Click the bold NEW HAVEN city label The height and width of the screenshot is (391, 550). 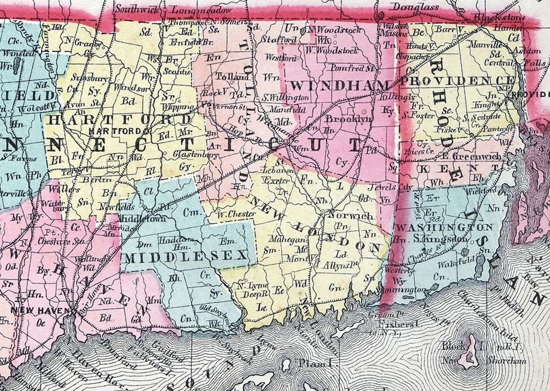click(36, 310)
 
